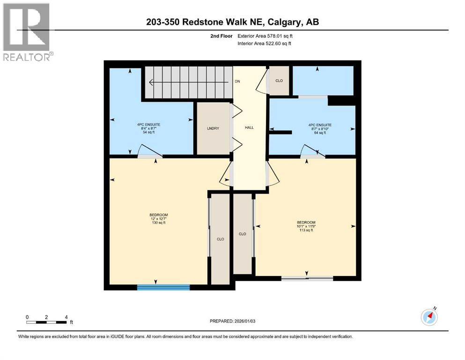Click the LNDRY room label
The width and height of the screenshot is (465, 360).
(213, 128)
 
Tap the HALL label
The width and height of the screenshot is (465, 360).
(250, 127)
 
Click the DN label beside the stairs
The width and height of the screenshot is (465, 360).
(237, 82)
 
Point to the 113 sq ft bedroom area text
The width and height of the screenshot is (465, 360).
(306, 230)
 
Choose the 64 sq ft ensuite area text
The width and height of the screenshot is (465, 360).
(320, 133)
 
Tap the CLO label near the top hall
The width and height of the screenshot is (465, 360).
(279, 80)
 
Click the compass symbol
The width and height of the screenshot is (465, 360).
(429, 317)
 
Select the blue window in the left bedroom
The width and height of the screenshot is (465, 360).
(163, 287)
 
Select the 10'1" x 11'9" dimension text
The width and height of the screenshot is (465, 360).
(306, 226)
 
